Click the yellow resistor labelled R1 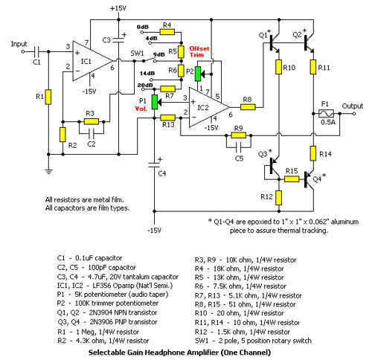pyautogui.click(x=48, y=97)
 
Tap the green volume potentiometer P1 pyautogui.click(x=155, y=102)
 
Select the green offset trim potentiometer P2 pyautogui.click(x=198, y=74)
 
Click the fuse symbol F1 pyautogui.click(x=326, y=114)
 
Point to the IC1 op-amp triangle pyautogui.click(x=92, y=61)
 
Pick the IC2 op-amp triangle pyautogui.click(x=209, y=107)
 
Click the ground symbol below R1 pyautogui.click(x=48, y=172)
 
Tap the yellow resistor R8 pyautogui.click(x=248, y=107)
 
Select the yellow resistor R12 pyautogui.click(x=279, y=198)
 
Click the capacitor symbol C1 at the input pyautogui.click(x=36, y=51)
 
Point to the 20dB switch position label pyautogui.click(x=145, y=85)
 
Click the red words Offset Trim pyautogui.click(x=199, y=51)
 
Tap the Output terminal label pyautogui.click(x=353, y=106)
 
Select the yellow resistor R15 pyautogui.click(x=292, y=179)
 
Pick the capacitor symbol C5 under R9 pyautogui.click(x=239, y=147)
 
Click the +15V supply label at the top pyautogui.click(x=118, y=8)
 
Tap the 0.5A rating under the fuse pyautogui.click(x=328, y=122)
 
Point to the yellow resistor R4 pyautogui.click(x=167, y=32)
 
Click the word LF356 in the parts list pyautogui.click(x=101, y=286)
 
